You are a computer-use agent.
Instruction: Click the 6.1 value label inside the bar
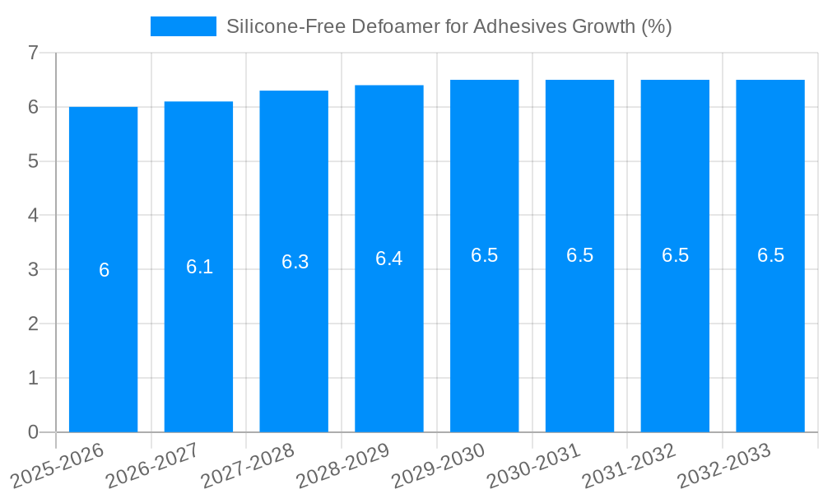(x=199, y=267)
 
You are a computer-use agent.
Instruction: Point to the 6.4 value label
(x=388, y=259)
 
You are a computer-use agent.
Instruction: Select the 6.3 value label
(x=295, y=262)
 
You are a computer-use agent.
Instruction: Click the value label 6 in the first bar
(x=104, y=270)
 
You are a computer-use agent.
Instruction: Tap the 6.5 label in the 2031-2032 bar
(x=675, y=255)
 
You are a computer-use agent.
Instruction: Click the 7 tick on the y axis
(x=33, y=53)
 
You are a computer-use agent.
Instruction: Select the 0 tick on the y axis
(x=33, y=432)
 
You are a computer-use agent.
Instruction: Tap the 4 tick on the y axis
(x=33, y=216)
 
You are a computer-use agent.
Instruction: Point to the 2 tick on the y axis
(x=33, y=324)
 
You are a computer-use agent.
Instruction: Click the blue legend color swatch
(x=183, y=26)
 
